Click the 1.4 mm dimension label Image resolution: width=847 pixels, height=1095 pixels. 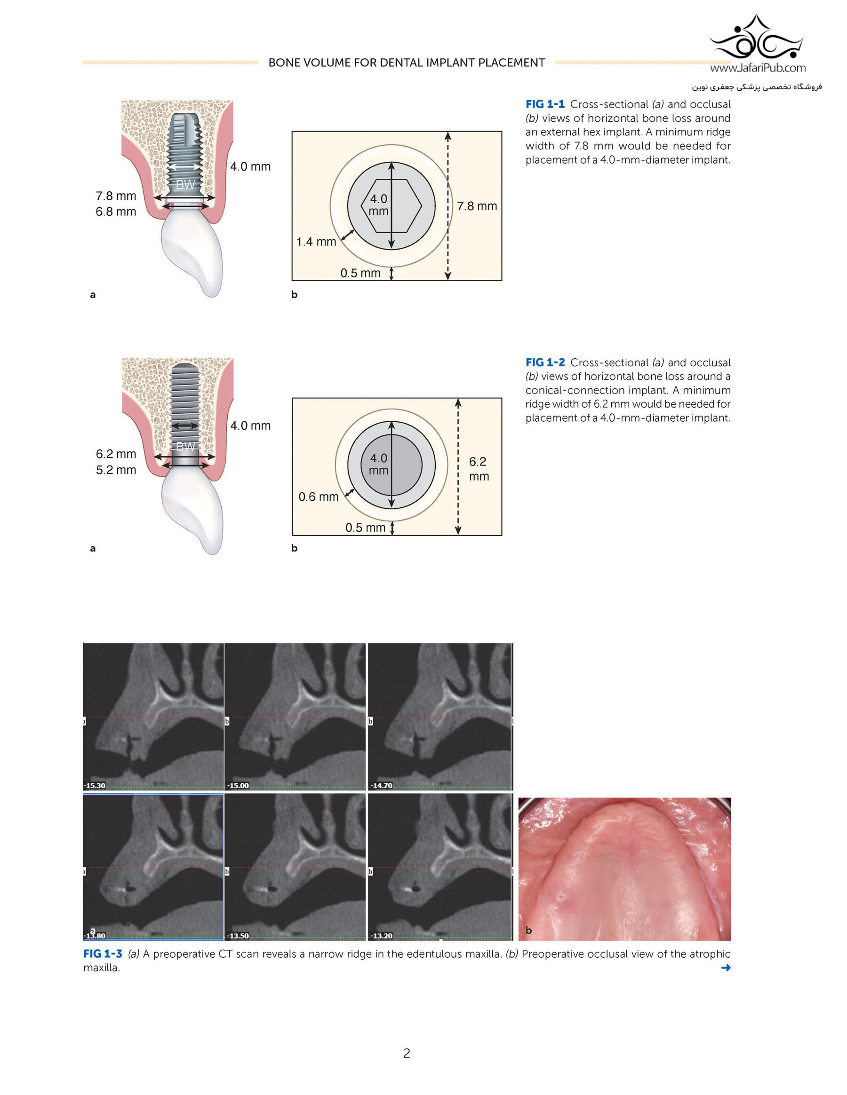316,242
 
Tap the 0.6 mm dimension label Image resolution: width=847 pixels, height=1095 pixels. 319,496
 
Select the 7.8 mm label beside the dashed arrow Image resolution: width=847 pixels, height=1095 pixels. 477,205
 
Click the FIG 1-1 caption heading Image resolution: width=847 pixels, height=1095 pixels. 545,104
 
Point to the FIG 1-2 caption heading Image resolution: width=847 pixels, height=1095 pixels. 545,362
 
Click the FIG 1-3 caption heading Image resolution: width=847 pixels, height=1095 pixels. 103,953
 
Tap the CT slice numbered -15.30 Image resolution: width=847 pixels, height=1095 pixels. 153,717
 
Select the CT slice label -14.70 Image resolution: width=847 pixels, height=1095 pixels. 381,785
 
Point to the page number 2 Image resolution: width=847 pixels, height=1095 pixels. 407,1053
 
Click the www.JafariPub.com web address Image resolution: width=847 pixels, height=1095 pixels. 758,68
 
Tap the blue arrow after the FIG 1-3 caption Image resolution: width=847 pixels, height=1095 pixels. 726,968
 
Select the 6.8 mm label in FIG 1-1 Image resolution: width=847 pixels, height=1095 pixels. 116,212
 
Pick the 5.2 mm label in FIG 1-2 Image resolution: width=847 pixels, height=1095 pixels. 116,470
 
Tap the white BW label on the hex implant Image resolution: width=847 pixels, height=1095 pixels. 185,184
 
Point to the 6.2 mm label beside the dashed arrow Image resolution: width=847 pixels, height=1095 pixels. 479,469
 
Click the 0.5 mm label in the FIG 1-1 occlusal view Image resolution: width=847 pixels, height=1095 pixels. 360,273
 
